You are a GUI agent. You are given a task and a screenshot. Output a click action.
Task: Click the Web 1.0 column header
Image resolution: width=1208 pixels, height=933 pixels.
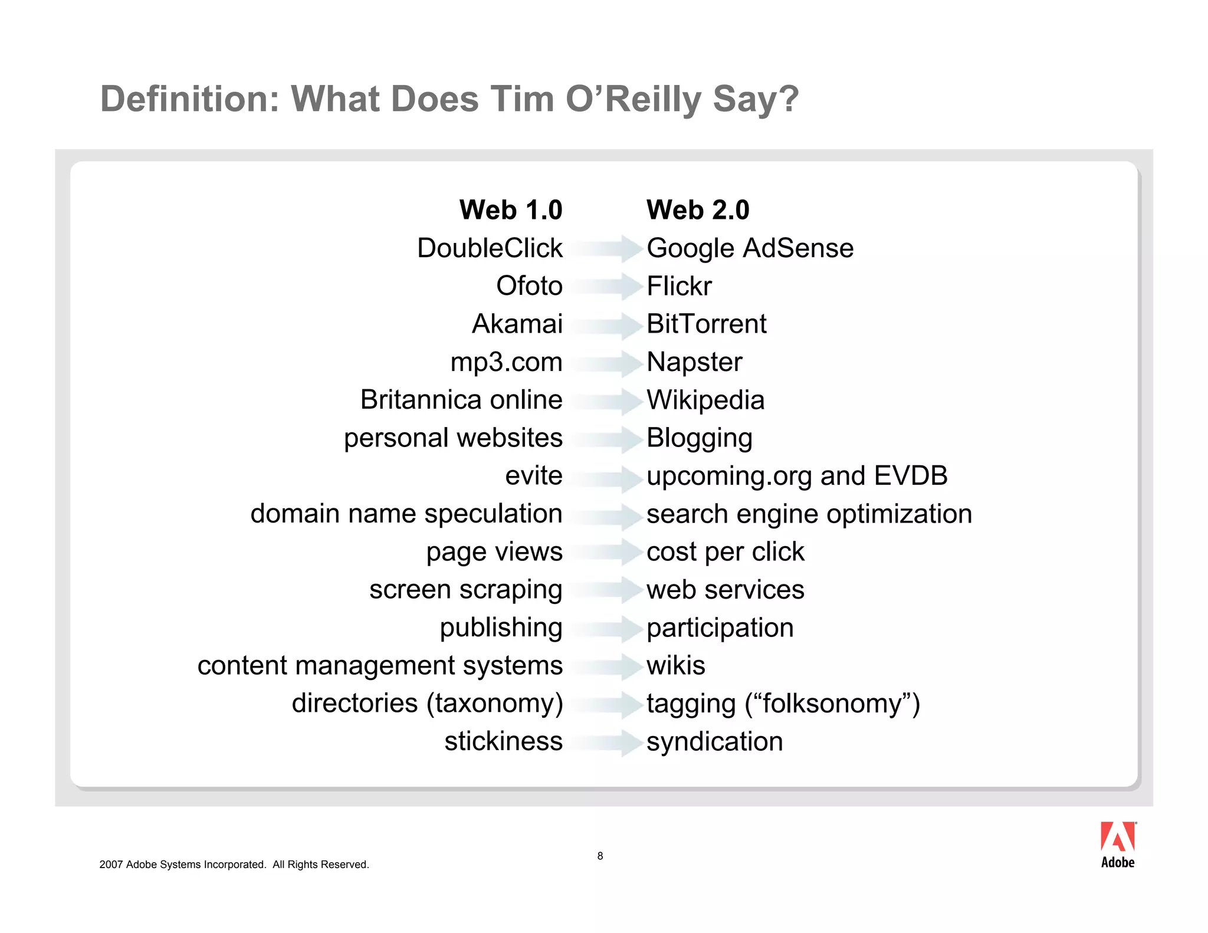pyautogui.click(x=511, y=210)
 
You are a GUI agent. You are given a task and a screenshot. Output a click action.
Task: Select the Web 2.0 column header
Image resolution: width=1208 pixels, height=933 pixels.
pyautogui.click(x=698, y=210)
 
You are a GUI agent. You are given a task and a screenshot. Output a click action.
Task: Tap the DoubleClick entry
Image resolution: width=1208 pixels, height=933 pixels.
pyautogui.click(x=490, y=248)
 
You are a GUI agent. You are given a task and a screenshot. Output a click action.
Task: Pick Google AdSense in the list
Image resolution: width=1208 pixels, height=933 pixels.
pyautogui.click(x=750, y=248)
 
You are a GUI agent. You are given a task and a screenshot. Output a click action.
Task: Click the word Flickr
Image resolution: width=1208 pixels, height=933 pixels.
pyautogui.click(x=679, y=286)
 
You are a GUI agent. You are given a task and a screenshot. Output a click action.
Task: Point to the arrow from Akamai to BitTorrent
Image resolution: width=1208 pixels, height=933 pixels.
pyautogui.click(x=605, y=325)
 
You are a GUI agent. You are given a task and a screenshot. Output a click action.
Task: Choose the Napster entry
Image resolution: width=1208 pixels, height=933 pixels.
pyautogui.click(x=694, y=362)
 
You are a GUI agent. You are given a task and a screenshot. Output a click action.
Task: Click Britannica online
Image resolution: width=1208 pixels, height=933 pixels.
pyautogui.click(x=461, y=400)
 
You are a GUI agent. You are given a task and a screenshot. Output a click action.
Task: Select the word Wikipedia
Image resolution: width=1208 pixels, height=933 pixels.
pyautogui.click(x=705, y=400)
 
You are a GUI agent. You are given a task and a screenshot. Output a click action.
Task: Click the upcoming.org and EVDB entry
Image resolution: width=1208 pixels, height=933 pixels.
pyautogui.click(x=797, y=476)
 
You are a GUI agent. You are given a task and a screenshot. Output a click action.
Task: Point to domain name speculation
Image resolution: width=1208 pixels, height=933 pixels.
pyautogui.click(x=406, y=514)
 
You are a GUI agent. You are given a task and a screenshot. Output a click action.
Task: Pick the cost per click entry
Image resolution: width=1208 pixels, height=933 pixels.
pyautogui.click(x=725, y=552)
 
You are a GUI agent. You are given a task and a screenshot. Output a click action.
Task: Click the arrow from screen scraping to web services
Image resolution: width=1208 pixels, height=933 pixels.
pyautogui.click(x=605, y=590)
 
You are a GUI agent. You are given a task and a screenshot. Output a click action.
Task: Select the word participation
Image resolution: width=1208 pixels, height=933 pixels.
pyautogui.click(x=720, y=628)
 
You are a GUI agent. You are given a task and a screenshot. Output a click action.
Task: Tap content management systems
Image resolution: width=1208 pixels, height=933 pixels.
pyautogui.click(x=380, y=666)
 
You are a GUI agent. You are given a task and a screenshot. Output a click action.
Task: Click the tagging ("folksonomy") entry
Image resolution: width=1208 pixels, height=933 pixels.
pyautogui.click(x=783, y=704)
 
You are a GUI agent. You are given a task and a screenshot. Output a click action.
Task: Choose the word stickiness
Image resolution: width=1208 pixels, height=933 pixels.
pyautogui.click(x=503, y=741)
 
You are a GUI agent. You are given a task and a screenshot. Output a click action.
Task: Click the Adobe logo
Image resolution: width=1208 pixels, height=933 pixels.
pyautogui.click(x=1118, y=845)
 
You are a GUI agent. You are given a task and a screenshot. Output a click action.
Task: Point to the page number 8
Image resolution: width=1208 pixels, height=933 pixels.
pyautogui.click(x=600, y=856)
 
